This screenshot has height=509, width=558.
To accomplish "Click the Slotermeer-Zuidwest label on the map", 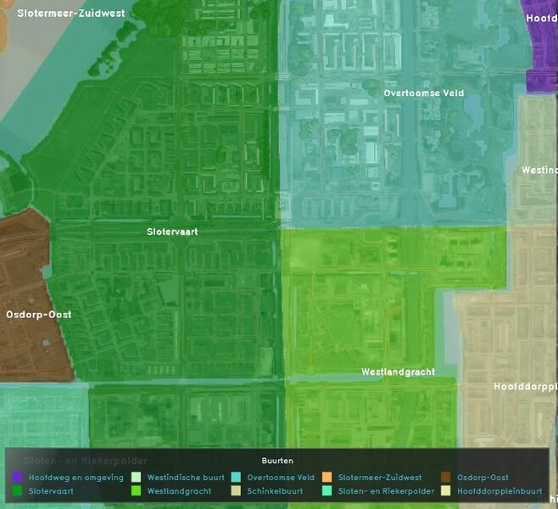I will [x=70, y=14].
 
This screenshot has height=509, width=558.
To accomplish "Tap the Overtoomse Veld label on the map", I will [x=423, y=92].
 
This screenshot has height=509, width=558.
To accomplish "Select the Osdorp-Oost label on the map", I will [x=39, y=314].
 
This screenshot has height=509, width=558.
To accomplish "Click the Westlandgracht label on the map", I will [x=398, y=372].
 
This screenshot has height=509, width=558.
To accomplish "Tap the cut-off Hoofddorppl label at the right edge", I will [x=525, y=386].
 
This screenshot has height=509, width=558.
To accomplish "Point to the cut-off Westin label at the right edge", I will [x=538, y=170].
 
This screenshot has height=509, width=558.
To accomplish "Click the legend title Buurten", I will [x=277, y=461].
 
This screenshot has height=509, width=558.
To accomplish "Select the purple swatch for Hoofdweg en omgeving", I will [x=18, y=478].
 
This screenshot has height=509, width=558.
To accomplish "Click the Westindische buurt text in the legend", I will [x=186, y=478].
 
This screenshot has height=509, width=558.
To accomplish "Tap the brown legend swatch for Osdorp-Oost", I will [x=446, y=478].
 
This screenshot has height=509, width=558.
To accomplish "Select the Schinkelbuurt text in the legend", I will [x=276, y=490].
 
